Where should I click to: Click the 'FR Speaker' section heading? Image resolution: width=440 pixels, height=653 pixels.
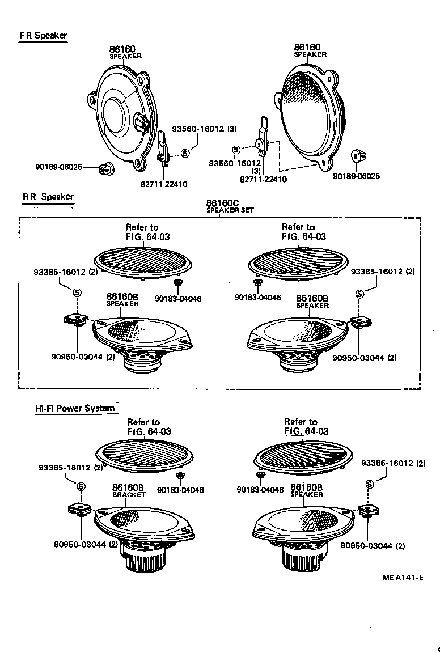pyautogui.click(x=43, y=36)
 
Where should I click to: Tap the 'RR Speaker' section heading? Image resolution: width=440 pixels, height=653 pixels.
pyautogui.click(x=48, y=197)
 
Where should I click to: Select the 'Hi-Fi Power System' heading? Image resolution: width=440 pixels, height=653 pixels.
pyautogui.click(x=74, y=408)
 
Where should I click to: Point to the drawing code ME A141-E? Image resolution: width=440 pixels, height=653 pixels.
pyautogui.click(x=403, y=578)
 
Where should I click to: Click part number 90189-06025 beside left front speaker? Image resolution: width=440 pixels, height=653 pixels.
pyautogui.click(x=58, y=167)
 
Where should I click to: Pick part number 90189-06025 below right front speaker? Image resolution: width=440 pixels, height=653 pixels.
pyautogui.click(x=356, y=176)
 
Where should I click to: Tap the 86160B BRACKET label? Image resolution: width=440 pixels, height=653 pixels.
pyautogui.click(x=128, y=490)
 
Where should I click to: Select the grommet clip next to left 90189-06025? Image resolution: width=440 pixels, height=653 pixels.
pyautogui.click(x=105, y=167)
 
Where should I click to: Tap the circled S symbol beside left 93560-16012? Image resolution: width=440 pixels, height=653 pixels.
pyautogui.click(x=185, y=154)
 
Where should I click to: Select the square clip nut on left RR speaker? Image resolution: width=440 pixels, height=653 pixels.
pyautogui.click(x=75, y=320)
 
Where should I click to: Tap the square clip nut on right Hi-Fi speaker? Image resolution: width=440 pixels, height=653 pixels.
pyautogui.click(x=368, y=511)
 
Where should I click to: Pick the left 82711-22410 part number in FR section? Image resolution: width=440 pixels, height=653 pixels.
pyautogui.click(x=165, y=184)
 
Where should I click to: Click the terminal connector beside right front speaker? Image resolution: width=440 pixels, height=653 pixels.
pyautogui.click(x=263, y=136)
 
